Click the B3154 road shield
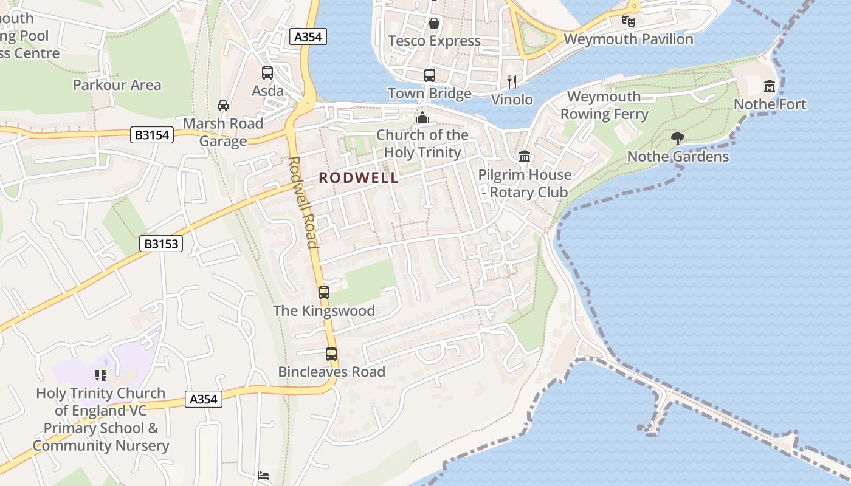[152, 135]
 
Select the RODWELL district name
[359, 178]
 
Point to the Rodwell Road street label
[303, 203]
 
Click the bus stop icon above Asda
[267, 73]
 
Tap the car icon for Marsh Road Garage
[223, 105]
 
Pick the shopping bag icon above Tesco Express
[434, 23]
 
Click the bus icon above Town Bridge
[430, 75]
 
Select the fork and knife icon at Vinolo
[512, 81]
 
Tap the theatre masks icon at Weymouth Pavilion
[629, 21]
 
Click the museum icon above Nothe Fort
[770, 86]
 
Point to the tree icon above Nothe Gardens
[678, 139]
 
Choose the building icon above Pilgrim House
[524, 157]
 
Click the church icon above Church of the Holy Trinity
[422, 117]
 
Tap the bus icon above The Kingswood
[324, 293]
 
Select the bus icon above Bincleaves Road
[331, 354]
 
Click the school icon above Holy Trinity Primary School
[101, 375]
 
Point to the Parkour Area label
[117, 85]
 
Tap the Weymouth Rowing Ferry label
[604, 105]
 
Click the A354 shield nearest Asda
[308, 37]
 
